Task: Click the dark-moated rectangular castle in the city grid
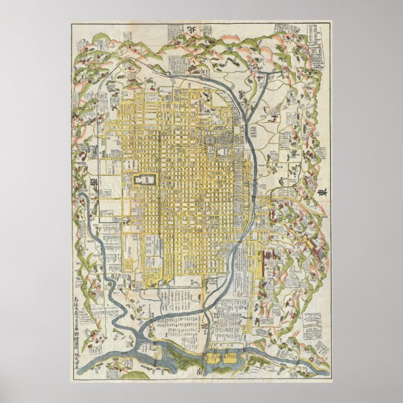[145, 180]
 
